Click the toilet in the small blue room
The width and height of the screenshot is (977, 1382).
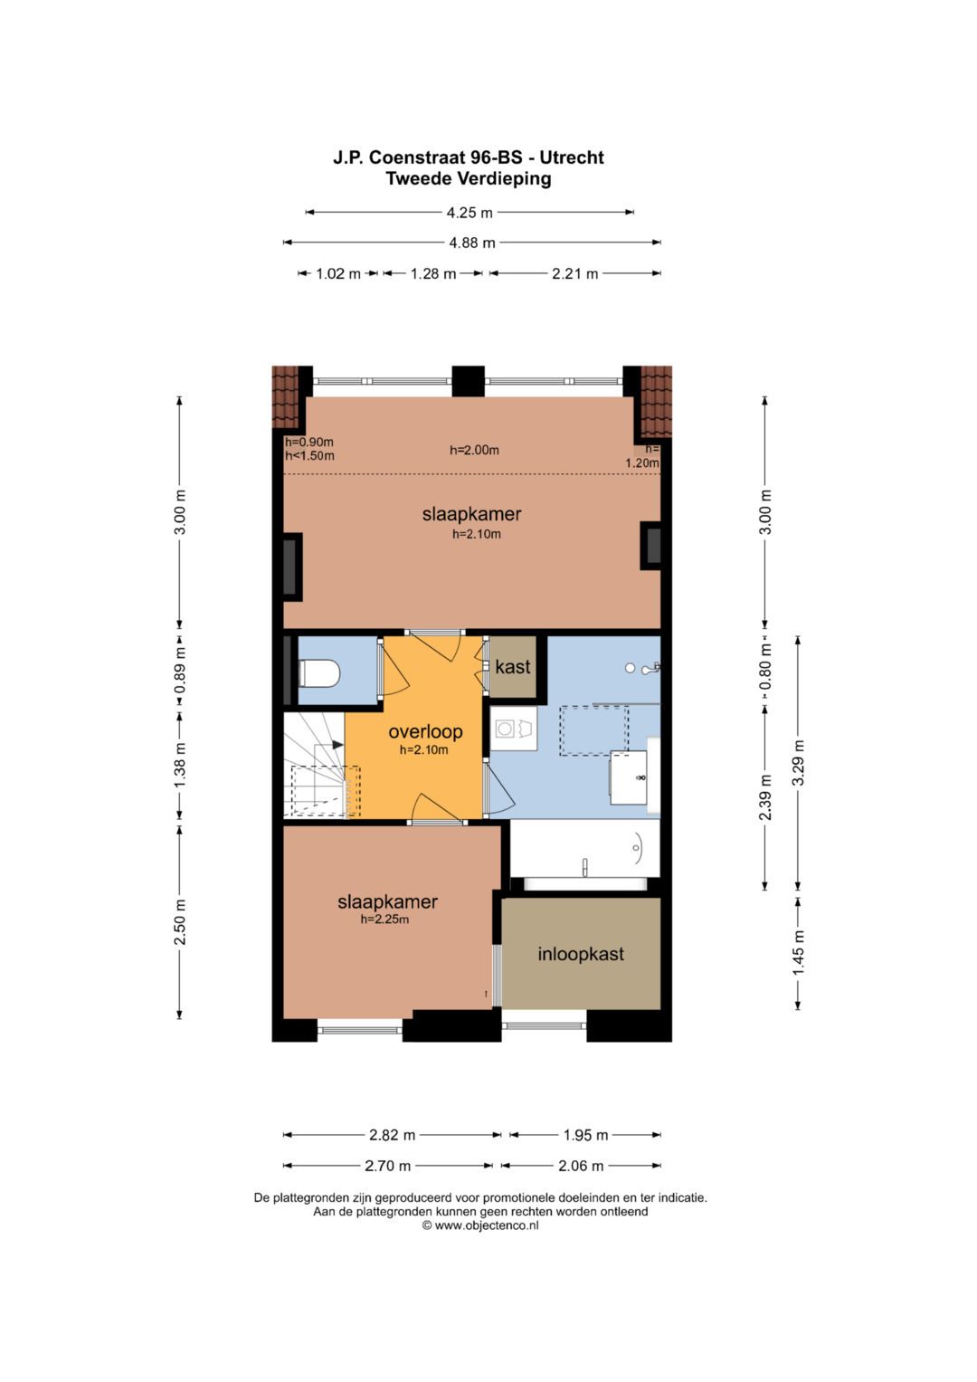coord(318,673)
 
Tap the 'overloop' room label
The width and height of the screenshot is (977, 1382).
coord(425,731)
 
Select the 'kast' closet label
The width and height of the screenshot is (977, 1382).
coord(513,667)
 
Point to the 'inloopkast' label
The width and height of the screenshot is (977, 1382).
coord(581,955)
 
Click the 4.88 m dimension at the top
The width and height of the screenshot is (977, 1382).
coord(472,243)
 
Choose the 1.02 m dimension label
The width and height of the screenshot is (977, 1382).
coord(338,273)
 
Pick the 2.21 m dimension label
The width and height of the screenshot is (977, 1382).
coord(574,273)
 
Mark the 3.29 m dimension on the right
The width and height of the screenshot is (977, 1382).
coord(798,763)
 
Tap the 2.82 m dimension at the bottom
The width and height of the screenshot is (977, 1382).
coord(393,1135)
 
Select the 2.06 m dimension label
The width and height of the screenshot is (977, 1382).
coord(581,1166)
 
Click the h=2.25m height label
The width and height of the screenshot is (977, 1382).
coord(384,920)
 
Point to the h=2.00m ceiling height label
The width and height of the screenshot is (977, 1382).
coord(474,450)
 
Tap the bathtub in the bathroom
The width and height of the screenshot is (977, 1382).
coord(584,849)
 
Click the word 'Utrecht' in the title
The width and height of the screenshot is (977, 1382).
coord(572,157)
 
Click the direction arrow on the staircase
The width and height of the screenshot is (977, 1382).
coord(338,745)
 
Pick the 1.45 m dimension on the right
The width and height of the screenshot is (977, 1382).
coord(798,953)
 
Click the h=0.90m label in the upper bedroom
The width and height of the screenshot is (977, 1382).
coord(309,442)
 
